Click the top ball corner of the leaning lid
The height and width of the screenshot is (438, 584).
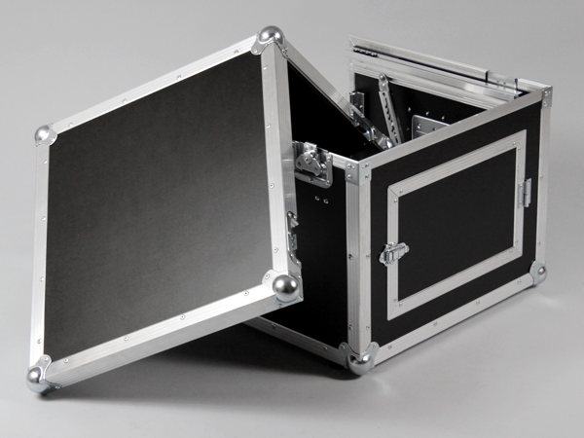(x=270, y=37)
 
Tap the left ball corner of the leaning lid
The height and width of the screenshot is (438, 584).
(x=44, y=133)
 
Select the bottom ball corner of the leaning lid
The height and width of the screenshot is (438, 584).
(x=37, y=375)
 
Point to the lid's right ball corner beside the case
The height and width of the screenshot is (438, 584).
(x=286, y=286)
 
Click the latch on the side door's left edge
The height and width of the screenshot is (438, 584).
(x=392, y=253)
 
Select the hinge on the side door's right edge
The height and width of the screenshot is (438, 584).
(x=526, y=192)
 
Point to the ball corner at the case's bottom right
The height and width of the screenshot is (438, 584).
(x=537, y=274)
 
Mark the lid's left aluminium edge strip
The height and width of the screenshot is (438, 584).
(x=40, y=253)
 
